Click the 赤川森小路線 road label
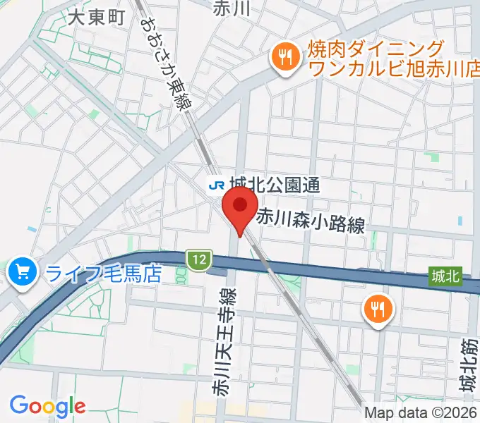pyautogui.click(x=310, y=224)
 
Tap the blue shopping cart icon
pyautogui.click(x=21, y=271)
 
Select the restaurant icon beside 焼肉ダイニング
pyautogui.click(x=285, y=58)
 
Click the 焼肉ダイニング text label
pyautogui.click(x=376, y=49)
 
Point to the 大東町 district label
pyautogui.click(x=96, y=17)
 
